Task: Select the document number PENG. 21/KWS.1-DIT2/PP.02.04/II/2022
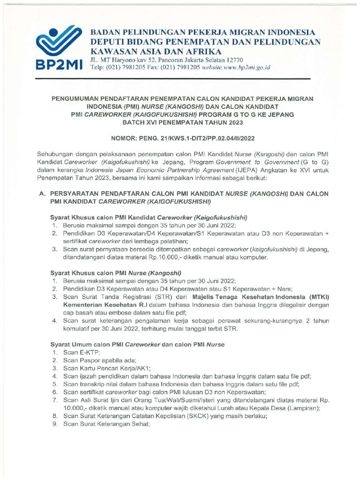[x=198, y=139]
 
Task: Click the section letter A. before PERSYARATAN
[x=40, y=194]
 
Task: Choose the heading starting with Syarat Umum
[x=137, y=345]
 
